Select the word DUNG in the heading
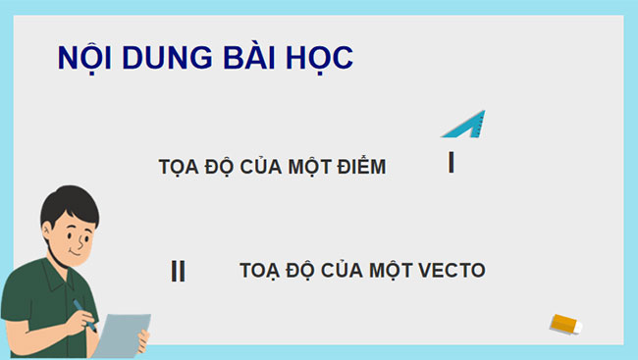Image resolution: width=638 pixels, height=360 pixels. click(158, 58)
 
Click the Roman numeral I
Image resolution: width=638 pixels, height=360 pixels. click(451, 163)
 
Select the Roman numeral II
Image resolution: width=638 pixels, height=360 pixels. click(178, 271)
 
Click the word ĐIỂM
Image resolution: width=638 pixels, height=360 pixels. click(360, 167)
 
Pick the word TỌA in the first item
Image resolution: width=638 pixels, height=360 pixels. click(178, 167)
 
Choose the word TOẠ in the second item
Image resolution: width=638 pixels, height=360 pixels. click(259, 271)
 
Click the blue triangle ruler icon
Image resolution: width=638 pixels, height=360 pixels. click(464, 125)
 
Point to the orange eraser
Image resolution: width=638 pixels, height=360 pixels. click(566, 323)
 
